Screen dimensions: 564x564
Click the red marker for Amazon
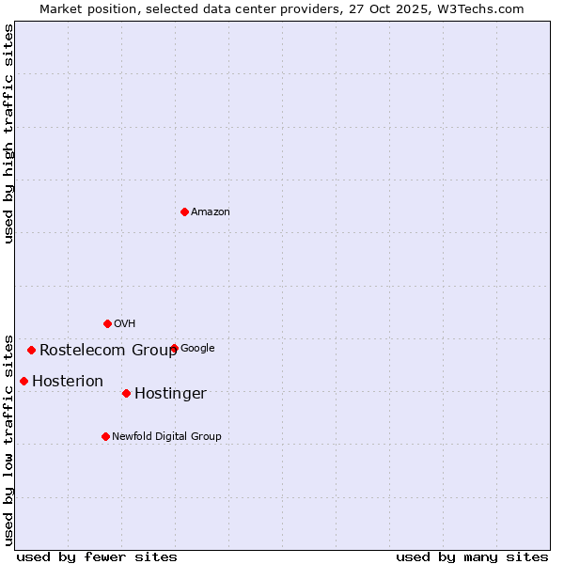click(x=184, y=211)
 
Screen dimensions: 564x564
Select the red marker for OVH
click(x=107, y=323)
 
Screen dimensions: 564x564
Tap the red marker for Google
click(x=174, y=348)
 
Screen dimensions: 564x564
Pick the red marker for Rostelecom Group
click(x=31, y=350)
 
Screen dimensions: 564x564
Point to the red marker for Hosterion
click(x=23, y=381)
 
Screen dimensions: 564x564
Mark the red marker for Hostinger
click(x=126, y=393)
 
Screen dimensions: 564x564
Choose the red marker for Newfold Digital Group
click(x=105, y=436)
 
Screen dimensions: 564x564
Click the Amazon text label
click(x=211, y=212)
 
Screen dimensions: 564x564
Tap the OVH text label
click(x=125, y=324)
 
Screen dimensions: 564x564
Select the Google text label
click(x=197, y=349)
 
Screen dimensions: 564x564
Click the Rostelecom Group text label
click(x=108, y=351)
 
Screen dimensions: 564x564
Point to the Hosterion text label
click(x=68, y=382)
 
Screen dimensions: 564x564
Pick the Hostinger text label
click(x=170, y=394)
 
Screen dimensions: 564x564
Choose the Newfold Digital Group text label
click(x=166, y=436)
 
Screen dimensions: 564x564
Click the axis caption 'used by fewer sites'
click(x=97, y=556)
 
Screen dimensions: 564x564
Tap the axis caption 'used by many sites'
click(x=472, y=556)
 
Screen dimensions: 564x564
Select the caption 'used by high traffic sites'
click(x=9, y=133)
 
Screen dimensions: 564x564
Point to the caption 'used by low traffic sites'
click(x=9, y=439)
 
